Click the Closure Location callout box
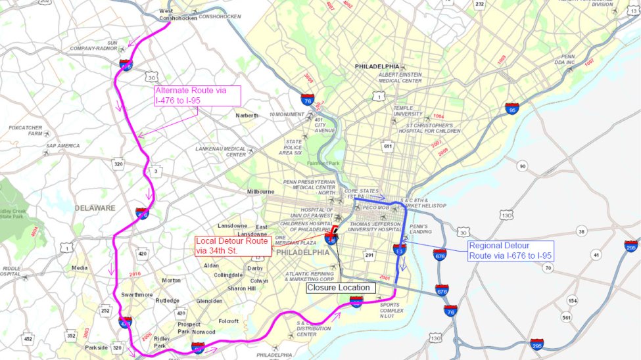pyautogui.click(x=341, y=288)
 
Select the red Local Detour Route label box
pyautogui.click(x=232, y=246)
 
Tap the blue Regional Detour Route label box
pyautogui.click(x=510, y=251)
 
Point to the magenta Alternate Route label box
pyautogui.click(x=197, y=96)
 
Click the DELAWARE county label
pyautogui.click(x=95, y=208)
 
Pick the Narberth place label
pyautogui.click(x=247, y=115)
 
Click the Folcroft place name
pyautogui.click(x=229, y=321)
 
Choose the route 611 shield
pyautogui.click(x=388, y=146)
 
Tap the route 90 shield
pyautogui.click(x=523, y=166)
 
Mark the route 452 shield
pyautogui.click(x=28, y=339)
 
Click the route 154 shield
pyautogui.click(x=572, y=301)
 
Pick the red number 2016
pyautogui.click(x=135, y=274)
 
